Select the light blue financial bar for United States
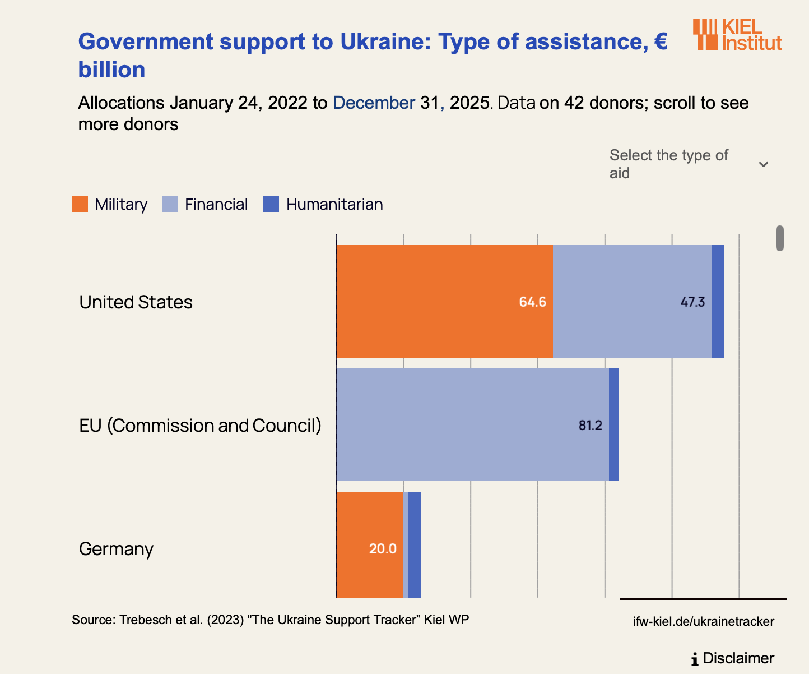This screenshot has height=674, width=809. coord(632,301)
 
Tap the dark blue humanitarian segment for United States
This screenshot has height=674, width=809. coord(718,301)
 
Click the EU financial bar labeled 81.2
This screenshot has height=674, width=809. coord(472,424)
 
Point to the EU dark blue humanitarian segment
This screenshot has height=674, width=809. coord(614,424)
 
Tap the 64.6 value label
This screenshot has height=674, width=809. coord(532,302)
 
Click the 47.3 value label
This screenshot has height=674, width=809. coord(692,302)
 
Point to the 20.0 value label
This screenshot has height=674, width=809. coord(383,548)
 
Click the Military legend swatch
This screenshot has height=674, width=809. coord(80,204)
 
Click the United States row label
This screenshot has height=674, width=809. coord(136,302)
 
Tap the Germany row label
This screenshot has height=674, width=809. coord(116,548)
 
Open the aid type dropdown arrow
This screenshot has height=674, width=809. coord(763,164)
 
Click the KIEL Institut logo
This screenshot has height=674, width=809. coord(737,35)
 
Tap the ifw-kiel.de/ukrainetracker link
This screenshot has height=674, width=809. coord(704,621)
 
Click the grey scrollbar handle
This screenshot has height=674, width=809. coord(779,238)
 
